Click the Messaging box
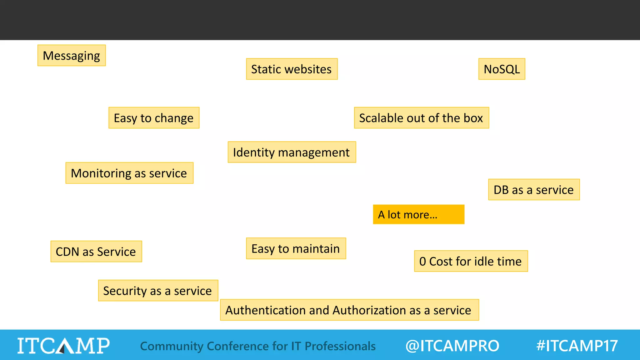click(x=72, y=56)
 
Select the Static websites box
click(x=292, y=69)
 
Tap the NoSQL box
click(x=502, y=69)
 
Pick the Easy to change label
click(x=154, y=118)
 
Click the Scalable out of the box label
click(x=421, y=118)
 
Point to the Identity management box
click(x=292, y=152)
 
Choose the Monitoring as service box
click(x=129, y=173)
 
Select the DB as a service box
click(x=534, y=190)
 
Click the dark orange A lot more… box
click(x=418, y=214)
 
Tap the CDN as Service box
click(x=96, y=252)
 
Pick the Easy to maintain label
click(x=296, y=248)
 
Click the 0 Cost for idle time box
click(x=471, y=261)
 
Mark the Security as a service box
click(x=158, y=291)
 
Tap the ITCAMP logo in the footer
click(x=63, y=346)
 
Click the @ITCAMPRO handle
click(x=452, y=346)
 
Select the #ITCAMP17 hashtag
click(x=577, y=346)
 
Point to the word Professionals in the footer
click(x=340, y=346)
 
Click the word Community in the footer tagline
click(x=172, y=346)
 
